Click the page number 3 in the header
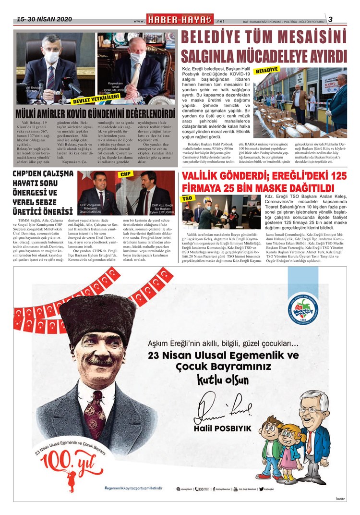coord(330,19)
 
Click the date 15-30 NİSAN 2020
coord(44,19)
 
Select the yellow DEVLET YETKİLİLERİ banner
coord(96,100)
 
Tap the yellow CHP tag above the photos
coord(126,173)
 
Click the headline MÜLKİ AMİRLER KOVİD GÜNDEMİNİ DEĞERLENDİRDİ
coord(95,114)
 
